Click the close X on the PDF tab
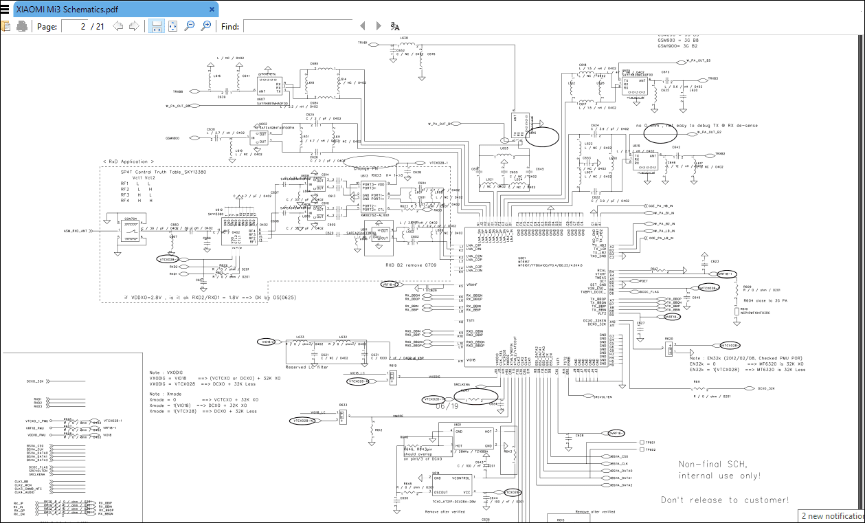click(x=212, y=10)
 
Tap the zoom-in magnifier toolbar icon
click(x=205, y=26)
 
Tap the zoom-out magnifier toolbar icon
click(x=190, y=26)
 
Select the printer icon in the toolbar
click(x=22, y=26)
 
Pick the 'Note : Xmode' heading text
click(x=167, y=394)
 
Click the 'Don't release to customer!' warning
click(x=725, y=500)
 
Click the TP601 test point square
click(x=642, y=442)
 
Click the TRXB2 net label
click(x=719, y=154)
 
